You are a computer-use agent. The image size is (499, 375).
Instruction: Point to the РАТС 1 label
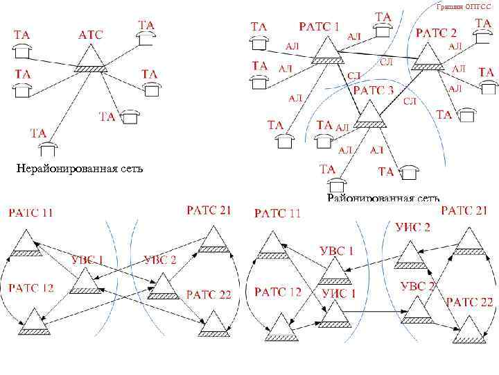pyautogui.click(x=319, y=26)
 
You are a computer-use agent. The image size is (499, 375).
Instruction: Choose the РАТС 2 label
pyautogui.click(x=436, y=33)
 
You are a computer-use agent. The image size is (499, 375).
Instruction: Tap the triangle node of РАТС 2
pyautogui.click(x=428, y=58)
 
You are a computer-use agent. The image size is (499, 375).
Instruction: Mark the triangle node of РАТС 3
pyautogui.click(x=370, y=116)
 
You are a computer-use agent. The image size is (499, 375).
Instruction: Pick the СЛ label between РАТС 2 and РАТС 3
pyautogui.click(x=410, y=101)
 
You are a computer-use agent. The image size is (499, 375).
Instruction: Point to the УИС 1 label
pyautogui.click(x=339, y=294)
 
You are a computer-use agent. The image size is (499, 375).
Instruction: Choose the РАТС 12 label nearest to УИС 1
pyautogui.click(x=278, y=292)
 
